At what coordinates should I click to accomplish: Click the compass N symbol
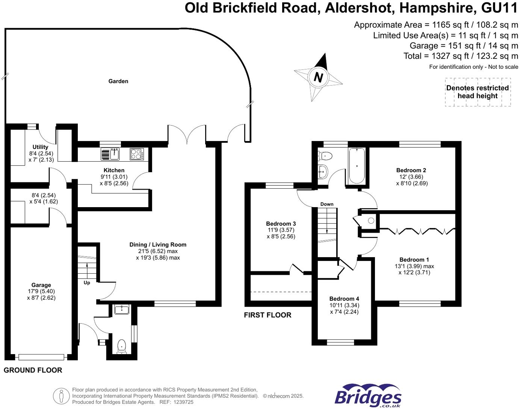tap(318, 77)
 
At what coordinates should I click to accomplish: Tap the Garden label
tap(118, 81)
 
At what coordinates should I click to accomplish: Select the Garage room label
tap(41, 285)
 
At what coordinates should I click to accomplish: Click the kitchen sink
tap(110, 154)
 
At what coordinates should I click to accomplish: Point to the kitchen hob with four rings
tap(137, 154)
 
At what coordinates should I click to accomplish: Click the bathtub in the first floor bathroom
tap(357, 166)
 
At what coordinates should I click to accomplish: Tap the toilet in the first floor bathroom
tap(324, 155)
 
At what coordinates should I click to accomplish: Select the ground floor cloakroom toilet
tap(121, 346)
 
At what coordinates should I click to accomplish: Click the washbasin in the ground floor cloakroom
tap(122, 310)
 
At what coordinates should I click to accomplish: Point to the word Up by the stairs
tap(87, 283)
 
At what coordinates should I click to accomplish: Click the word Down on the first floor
tap(327, 204)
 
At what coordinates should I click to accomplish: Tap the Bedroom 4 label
tap(344, 299)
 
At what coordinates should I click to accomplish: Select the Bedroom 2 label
tap(411, 170)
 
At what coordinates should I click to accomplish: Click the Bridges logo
tap(368, 396)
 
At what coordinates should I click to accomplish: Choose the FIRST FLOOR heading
tap(268, 315)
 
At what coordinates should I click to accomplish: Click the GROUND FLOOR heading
tap(33, 370)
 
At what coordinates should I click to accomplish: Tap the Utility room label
tap(40, 147)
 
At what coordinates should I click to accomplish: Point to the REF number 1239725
tap(182, 402)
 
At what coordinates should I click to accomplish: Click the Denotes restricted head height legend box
tap(478, 92)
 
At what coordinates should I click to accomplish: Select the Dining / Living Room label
tap(158, 245)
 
